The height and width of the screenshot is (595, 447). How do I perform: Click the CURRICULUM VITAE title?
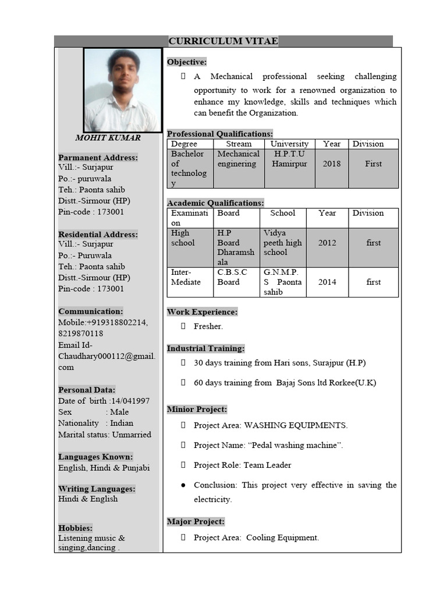point(223,41)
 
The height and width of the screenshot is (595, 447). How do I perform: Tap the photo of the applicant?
point(122,90)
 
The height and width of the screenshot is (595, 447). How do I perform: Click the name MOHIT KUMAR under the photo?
point(108,138)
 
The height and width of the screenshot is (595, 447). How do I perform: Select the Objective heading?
point(187,62)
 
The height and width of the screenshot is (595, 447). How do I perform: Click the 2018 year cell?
point(332,164)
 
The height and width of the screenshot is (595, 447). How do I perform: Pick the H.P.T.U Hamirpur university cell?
point(289,159)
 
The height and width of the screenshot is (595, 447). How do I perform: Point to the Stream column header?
point(239,144)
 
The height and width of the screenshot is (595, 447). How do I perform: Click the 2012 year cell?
point(327,243)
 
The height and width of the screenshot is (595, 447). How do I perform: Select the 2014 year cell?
point(327,282)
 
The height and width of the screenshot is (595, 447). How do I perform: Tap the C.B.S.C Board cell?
point(232,277)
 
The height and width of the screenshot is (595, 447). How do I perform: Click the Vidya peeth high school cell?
point(282,242)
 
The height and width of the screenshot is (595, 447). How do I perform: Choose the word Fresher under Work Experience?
point(208,327)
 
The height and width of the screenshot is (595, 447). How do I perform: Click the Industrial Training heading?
point(205,349)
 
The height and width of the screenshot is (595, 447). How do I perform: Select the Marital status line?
point(104,435)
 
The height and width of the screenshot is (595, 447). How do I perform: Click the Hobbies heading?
point(75,528)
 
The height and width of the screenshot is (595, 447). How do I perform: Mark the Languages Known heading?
point(95,457)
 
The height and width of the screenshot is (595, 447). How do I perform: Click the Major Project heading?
point(196,522)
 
